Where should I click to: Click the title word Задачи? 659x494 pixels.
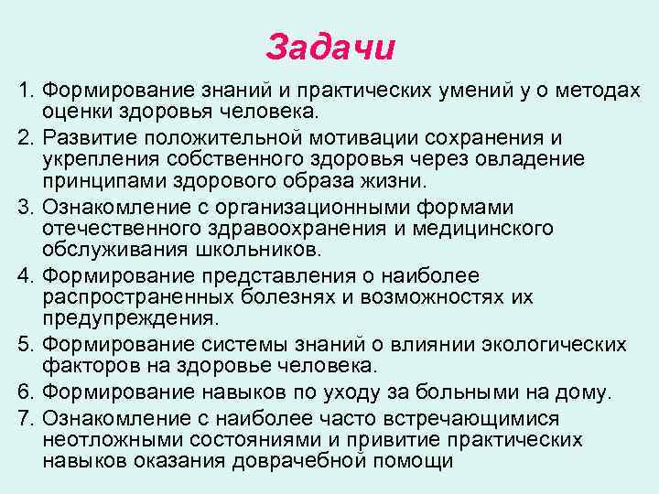tap(330, 46)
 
